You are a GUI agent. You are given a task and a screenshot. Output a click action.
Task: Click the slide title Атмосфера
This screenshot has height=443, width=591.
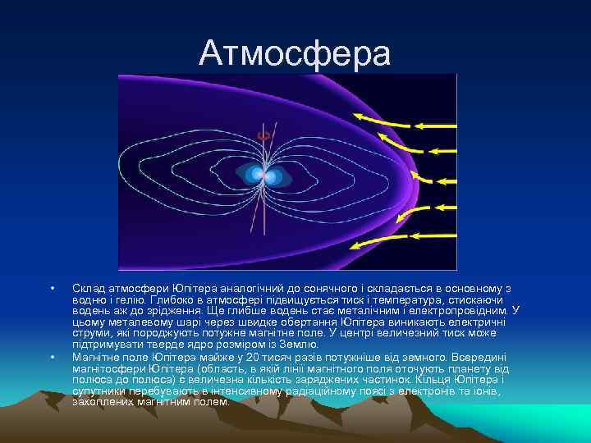(295, 53)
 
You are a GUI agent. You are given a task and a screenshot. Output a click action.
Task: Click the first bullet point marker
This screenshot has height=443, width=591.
(52, 288)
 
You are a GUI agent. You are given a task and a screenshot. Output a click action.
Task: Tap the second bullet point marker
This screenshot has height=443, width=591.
(52, 357)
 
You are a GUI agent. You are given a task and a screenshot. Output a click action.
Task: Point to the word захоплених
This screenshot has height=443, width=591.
(102, 403)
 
